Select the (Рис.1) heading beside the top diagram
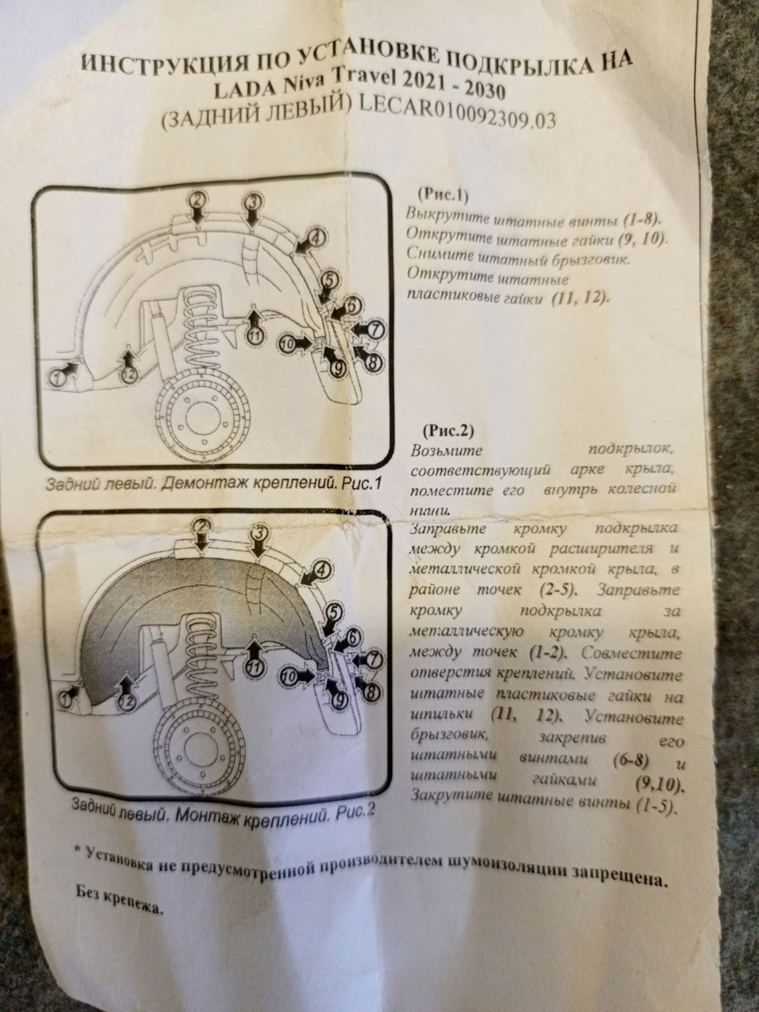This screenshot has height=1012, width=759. point(442,195)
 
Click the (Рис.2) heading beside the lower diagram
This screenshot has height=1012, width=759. point(447,429)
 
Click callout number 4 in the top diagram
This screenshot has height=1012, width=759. point(317,238)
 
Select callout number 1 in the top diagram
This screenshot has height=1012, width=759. point(58,379)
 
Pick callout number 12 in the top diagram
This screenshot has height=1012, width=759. point(129,375)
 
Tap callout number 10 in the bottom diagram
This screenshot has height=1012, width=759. point(289,676)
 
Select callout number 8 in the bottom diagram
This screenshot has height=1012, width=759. point(373,692)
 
